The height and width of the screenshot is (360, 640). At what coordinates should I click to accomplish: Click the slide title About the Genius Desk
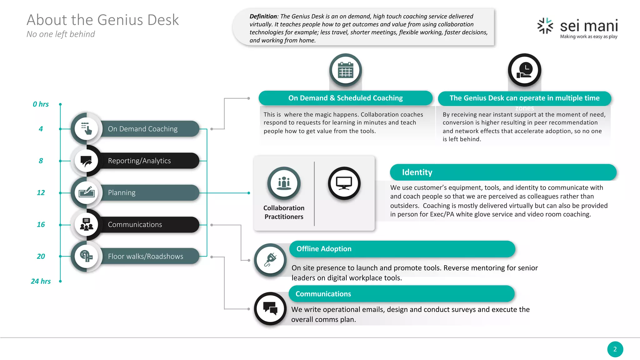102,20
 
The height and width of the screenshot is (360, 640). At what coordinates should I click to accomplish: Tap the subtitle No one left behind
61,34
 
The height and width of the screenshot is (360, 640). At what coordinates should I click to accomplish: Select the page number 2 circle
615,349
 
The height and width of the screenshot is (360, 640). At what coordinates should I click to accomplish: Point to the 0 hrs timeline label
41,104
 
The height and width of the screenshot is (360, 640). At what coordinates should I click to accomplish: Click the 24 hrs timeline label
41,281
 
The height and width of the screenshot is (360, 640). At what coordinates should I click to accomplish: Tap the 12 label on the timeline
41,192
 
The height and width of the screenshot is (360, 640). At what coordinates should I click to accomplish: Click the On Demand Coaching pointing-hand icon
87,129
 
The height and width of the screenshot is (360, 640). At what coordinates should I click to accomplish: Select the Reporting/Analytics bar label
139,161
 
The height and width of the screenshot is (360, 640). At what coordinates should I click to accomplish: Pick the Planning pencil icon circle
87,192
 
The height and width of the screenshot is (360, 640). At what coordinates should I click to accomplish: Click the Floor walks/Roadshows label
146,256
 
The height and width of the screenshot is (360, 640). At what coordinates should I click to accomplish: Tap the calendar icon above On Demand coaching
345,70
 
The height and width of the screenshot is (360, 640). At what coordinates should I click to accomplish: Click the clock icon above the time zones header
524,70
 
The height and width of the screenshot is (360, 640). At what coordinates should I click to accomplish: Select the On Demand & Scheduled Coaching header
345,98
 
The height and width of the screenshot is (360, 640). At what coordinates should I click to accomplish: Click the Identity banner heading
417,172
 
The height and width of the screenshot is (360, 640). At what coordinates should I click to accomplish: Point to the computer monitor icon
344,183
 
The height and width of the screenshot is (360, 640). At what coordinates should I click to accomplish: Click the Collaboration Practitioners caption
284,212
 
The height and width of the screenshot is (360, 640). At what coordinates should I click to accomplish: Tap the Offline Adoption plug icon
270,260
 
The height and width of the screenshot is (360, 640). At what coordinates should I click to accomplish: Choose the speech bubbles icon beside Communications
270,308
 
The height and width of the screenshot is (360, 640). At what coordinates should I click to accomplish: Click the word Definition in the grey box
263,16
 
